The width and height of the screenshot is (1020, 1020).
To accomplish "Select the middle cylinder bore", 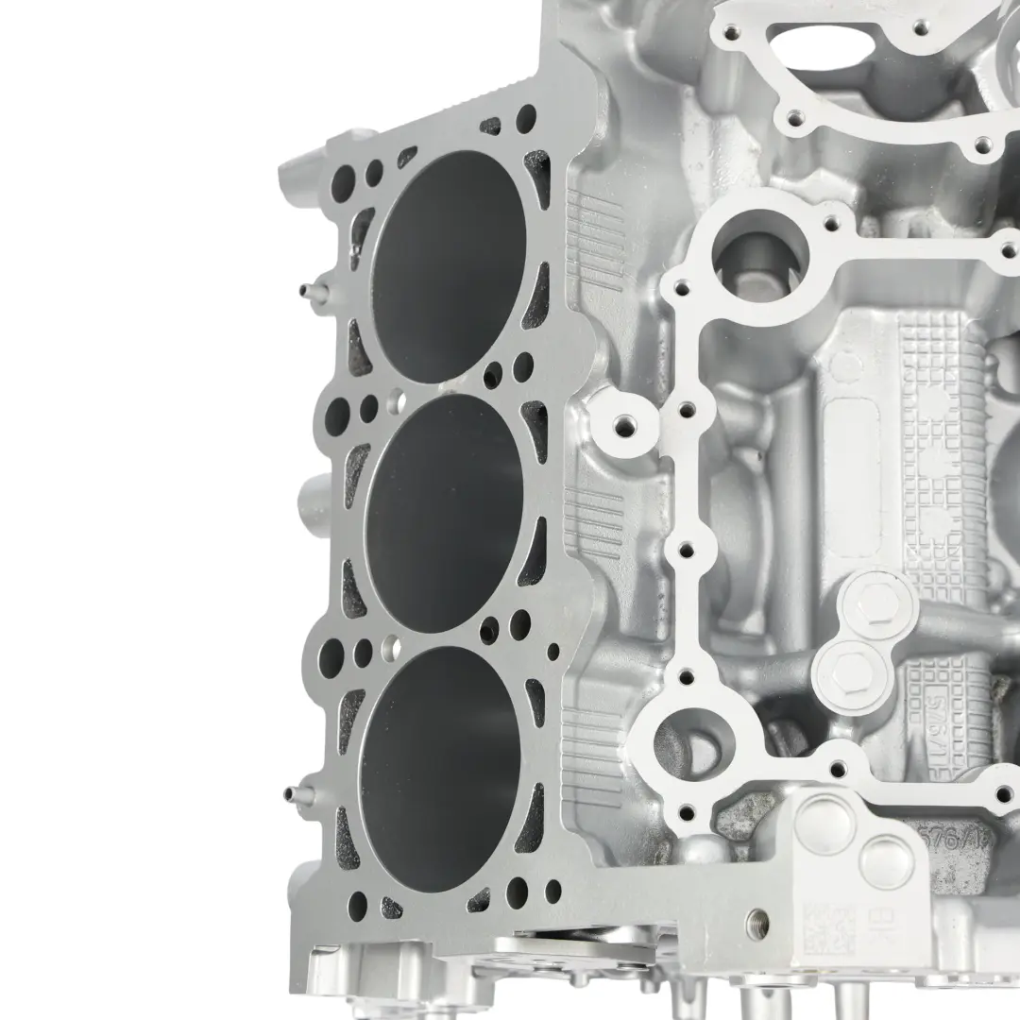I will [444, 510].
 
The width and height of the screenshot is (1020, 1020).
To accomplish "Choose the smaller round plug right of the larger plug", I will [889, 860].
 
